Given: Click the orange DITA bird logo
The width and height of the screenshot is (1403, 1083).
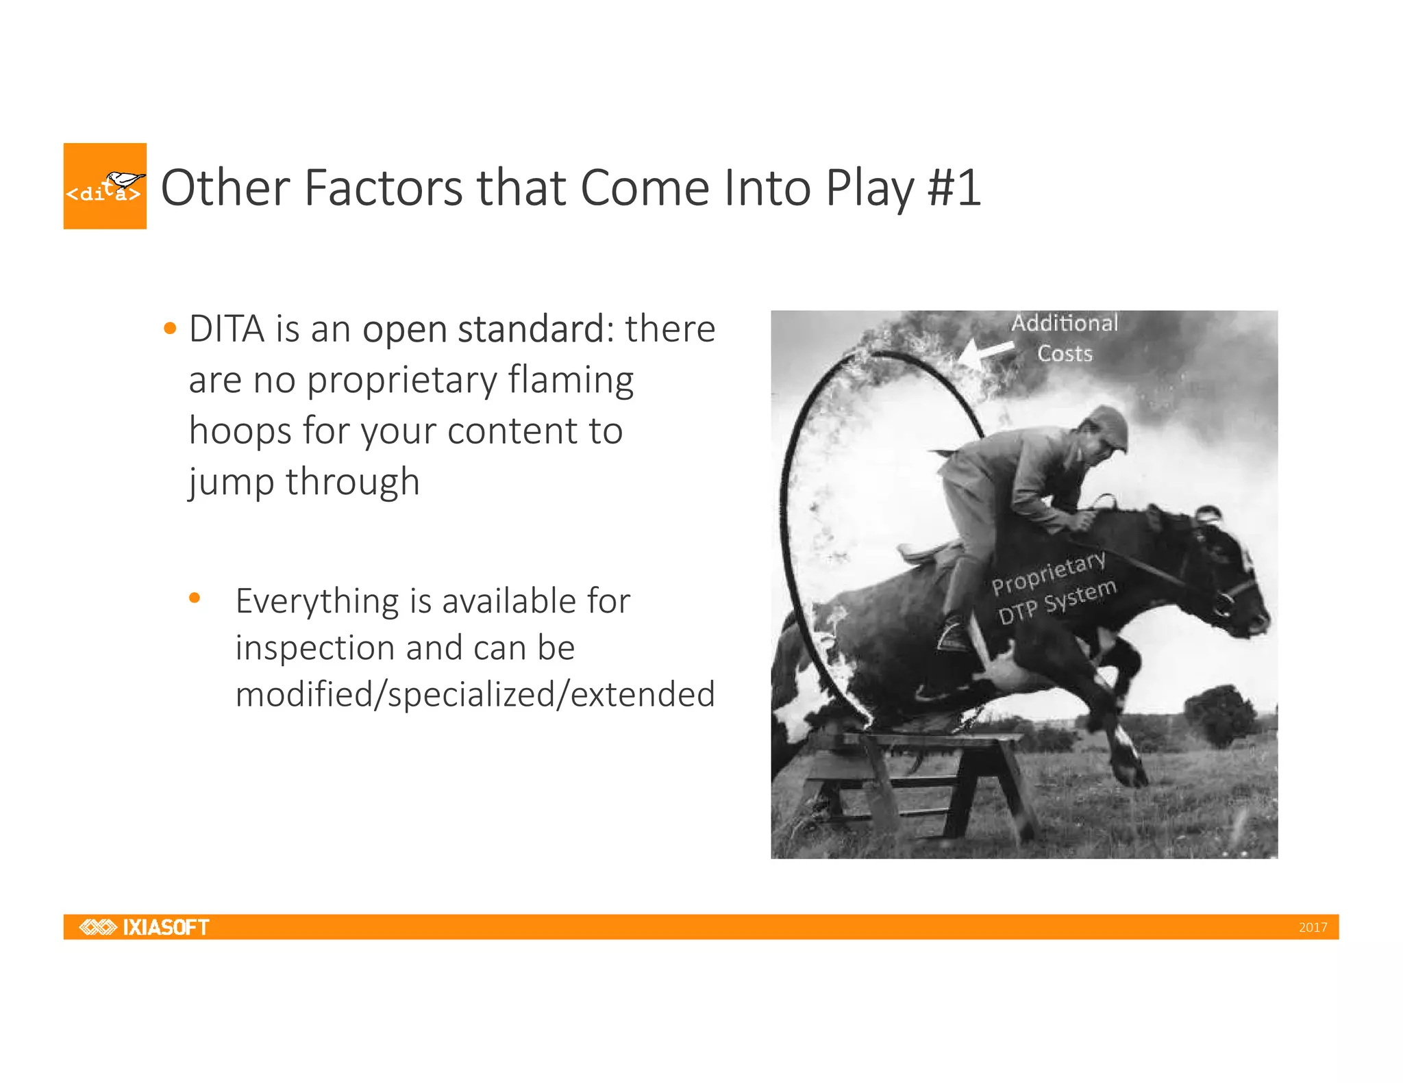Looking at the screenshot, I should coord(105,186).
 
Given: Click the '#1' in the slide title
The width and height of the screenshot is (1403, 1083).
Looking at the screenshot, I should coord(954,188).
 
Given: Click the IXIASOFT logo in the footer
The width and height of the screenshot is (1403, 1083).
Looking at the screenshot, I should coord(145,927).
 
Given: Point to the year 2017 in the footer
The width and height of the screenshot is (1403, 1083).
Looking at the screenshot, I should coord(1313,928).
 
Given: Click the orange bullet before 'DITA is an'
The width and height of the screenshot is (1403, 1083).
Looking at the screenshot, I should coord(171,329).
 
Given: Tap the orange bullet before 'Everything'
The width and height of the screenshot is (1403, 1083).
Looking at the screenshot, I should coord(195,598).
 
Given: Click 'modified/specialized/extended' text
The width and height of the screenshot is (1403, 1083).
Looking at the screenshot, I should coord(475,694).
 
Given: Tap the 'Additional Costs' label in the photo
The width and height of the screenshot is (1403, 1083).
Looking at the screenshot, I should coord(1065,338).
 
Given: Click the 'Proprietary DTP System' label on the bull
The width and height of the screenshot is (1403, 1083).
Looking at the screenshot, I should coord(1053,588).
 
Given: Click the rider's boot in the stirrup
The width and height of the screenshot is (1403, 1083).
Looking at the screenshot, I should coord(954,634).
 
